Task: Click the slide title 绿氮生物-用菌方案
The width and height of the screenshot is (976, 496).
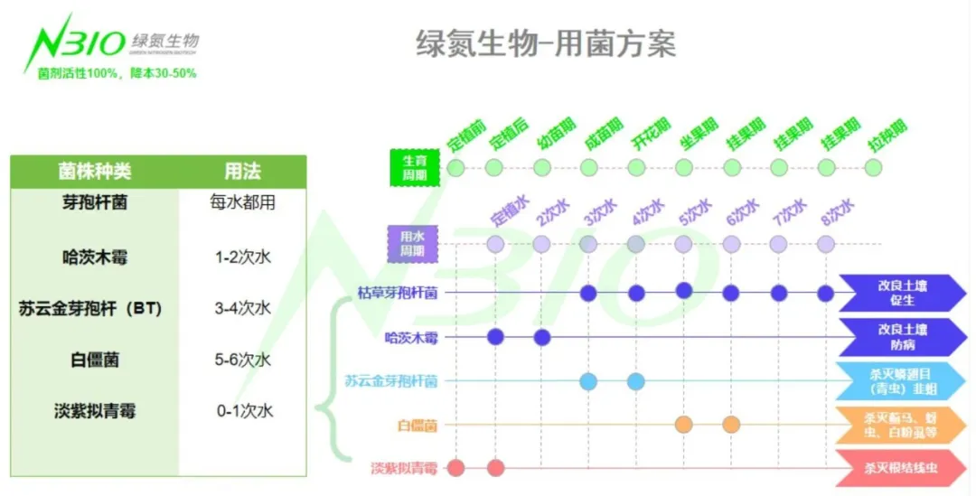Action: click(x=545, y=43)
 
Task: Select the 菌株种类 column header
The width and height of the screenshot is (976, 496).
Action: click(x=94, y=171)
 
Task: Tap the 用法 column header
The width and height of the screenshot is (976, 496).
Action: click(x=242, y=171)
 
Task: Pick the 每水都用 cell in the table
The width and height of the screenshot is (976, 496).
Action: click(x=242, y=202)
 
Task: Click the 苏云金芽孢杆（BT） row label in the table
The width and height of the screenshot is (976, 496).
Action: click(x=90, y=308)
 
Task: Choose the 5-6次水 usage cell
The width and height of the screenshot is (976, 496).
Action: click(x=243, y=360)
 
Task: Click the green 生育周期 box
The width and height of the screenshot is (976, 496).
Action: click(x=415, y=167)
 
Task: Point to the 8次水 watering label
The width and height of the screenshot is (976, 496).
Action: click(x=837, y=213)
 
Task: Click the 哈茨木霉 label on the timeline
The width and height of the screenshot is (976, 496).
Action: click(x=411, y=338)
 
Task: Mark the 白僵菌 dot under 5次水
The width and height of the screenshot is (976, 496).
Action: click(x=684, y=425)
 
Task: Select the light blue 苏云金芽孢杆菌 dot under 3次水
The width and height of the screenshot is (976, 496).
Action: click(x=588, y=381)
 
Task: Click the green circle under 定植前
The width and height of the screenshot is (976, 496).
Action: click(x=456, y=168)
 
